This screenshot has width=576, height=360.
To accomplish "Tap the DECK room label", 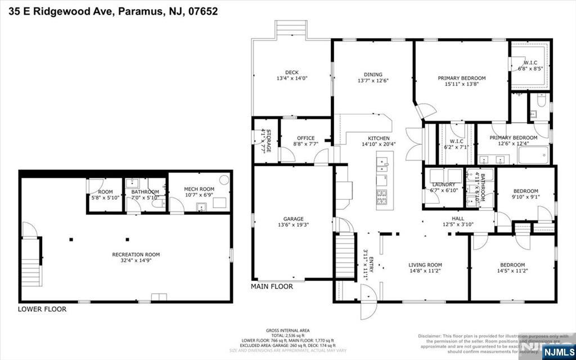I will click(x=291, y=72).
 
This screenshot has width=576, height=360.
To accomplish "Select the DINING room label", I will click(x=373, y=74).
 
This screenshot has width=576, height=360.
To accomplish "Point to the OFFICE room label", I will click(x=306, y=138).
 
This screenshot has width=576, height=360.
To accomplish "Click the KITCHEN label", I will click(x=379, y=138).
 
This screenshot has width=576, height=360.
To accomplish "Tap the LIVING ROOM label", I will click(x=425, y=265).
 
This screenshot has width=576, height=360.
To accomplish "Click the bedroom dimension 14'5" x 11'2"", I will click(x=512, y=271).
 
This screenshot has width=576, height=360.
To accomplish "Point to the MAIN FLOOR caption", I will click(x=272, y=286).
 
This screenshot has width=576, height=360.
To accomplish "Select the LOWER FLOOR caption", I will click(x=42, y=309).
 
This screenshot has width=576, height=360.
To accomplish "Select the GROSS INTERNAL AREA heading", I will click(x=287, y=331).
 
